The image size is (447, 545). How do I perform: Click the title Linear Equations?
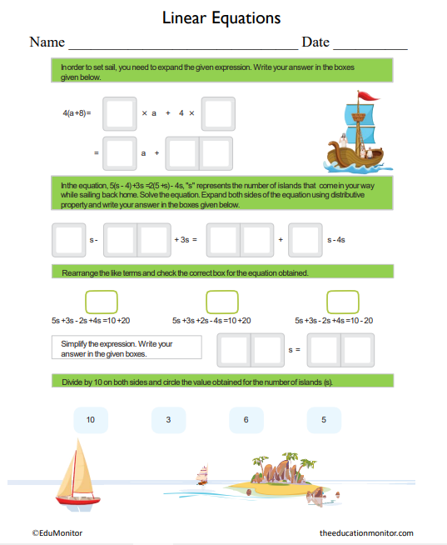221,17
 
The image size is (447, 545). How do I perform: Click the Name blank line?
182,43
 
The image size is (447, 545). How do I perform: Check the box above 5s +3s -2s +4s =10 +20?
101,301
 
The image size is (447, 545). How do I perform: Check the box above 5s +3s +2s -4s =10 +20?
222,301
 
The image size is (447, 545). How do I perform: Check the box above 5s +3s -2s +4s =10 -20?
343,301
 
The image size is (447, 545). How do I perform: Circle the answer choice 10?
91,420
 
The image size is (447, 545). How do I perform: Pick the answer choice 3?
168,420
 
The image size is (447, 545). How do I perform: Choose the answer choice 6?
246,420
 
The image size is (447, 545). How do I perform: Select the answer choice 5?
324,420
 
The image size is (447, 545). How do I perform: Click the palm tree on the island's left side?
261,463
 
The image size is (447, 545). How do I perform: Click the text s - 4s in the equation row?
336,239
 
